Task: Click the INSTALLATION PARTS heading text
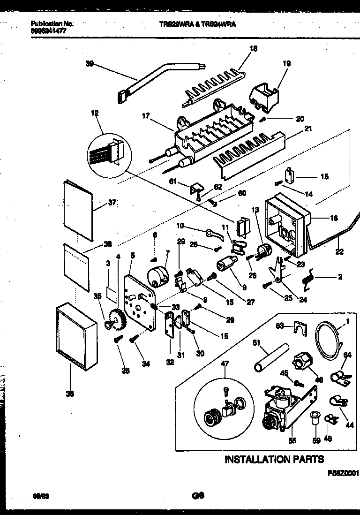[x=274, y=459]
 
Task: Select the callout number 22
[x=339, y=252]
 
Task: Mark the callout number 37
[x=112, y=203]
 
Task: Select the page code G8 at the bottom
[x=197, y=494]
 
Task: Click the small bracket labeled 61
[x=195, y=188]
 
